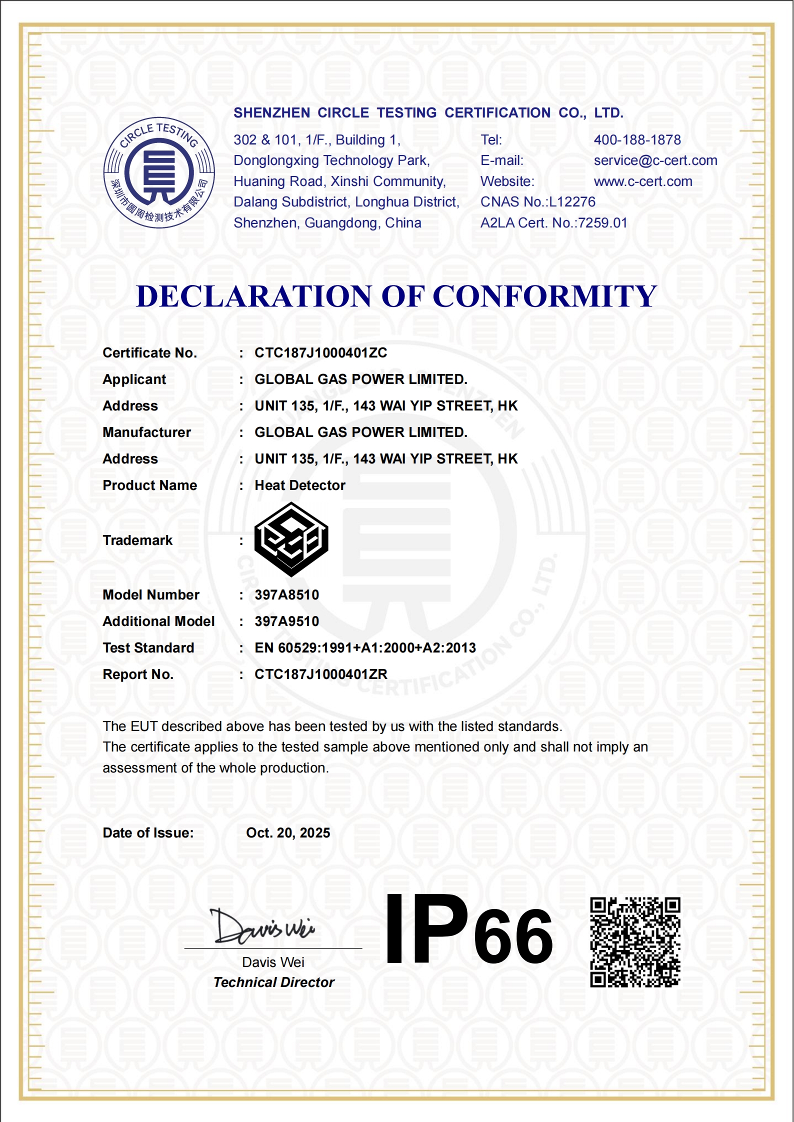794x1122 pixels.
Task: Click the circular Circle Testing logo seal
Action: tap(159, 173)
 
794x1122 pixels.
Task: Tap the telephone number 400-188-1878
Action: tap(637, 140)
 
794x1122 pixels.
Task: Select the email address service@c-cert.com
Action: tap(655, 160)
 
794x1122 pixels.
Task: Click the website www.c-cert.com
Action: tap(643, 181)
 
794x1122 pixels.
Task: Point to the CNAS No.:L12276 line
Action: tap(537, 202)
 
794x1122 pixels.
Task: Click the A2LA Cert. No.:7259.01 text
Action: tap(553, 223)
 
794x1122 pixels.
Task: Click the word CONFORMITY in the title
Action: tap(544, 296)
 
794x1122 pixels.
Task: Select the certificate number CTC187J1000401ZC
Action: tap(320, 353)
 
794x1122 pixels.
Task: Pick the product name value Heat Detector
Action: tap(300, 485)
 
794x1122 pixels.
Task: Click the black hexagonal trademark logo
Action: tap(291, 539)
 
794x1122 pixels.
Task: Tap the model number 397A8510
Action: tap(286, 595)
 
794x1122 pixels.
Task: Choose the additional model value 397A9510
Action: tap(286, 621)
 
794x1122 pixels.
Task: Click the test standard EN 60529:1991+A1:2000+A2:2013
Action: tap(365, 648)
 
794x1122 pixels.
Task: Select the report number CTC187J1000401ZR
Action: tap(320, 674)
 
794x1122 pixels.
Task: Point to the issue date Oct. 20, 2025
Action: tap(288, 833)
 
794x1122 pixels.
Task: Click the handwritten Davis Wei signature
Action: tap(262, 927)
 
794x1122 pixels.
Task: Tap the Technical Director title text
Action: tap(273, 982)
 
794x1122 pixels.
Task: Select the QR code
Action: tap(635, 942)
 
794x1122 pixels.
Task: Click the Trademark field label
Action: tap(137, 540)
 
